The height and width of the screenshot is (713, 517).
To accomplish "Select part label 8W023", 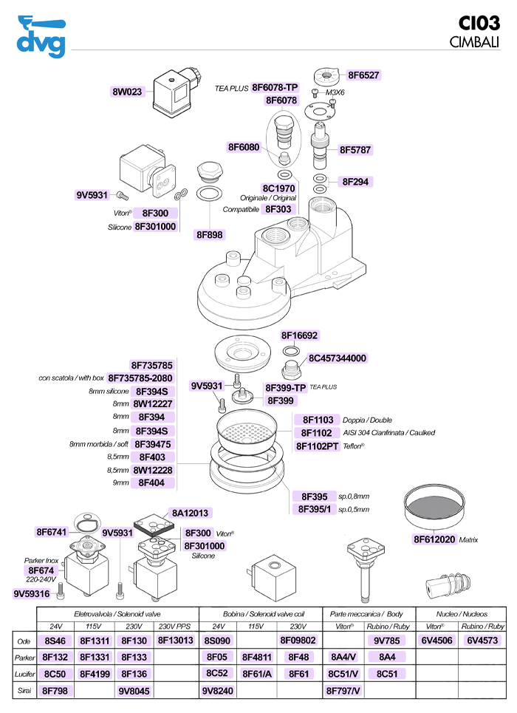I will click(x=126, y=92).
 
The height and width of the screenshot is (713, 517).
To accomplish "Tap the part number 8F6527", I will click(x=364, y=75).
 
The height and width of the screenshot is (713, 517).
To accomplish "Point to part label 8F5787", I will click(x=355, y=150).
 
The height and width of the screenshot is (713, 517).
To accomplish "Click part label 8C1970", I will click(x=279, y=188).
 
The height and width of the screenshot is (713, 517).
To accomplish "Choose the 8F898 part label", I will click(x=209, y=234).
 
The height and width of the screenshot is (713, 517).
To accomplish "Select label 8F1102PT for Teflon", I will click(x=317, y=446).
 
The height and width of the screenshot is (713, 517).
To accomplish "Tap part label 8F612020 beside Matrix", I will click(x=434, y=539).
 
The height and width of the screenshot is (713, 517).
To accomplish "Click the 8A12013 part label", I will click(x=191, y=512).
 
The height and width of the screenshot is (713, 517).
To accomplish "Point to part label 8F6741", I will click(x=52, y=532).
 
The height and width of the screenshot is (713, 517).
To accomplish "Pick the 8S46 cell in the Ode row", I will click(x=55, y=640).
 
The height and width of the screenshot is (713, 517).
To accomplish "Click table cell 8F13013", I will click(x=175, y=640).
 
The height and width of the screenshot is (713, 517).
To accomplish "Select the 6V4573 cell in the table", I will click(x=482, y=640).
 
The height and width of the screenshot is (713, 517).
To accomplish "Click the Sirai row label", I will click(x=24, y=691).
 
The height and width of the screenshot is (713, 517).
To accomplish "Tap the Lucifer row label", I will click(x=24, y=674).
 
